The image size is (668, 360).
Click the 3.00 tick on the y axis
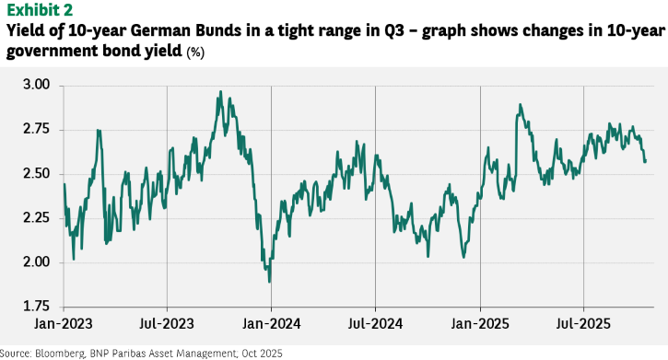tap(36, 85)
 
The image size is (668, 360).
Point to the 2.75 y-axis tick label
tap(36, 130)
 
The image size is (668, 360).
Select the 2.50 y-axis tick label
tap(36, 174)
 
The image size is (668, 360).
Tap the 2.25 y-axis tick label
tap(36, 218)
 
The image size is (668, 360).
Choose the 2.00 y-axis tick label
tap(36, 262)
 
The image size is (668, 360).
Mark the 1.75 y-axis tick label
tap(36, 307)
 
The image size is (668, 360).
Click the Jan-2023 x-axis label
tap(63, 324)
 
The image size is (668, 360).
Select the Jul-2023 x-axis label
tap(167, 324)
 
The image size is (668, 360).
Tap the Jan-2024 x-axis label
tap(272, 324)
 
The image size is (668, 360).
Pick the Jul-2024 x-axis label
tap(375, 324)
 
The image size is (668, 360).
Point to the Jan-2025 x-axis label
tap(480, 324)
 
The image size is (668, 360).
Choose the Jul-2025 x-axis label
tap(583, 324)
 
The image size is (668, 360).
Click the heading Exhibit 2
tap(40, 10)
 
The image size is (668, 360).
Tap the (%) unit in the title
tap(195, 52)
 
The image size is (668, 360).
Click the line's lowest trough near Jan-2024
tap(269, 281)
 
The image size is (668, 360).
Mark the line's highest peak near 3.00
tap(220, 91)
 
